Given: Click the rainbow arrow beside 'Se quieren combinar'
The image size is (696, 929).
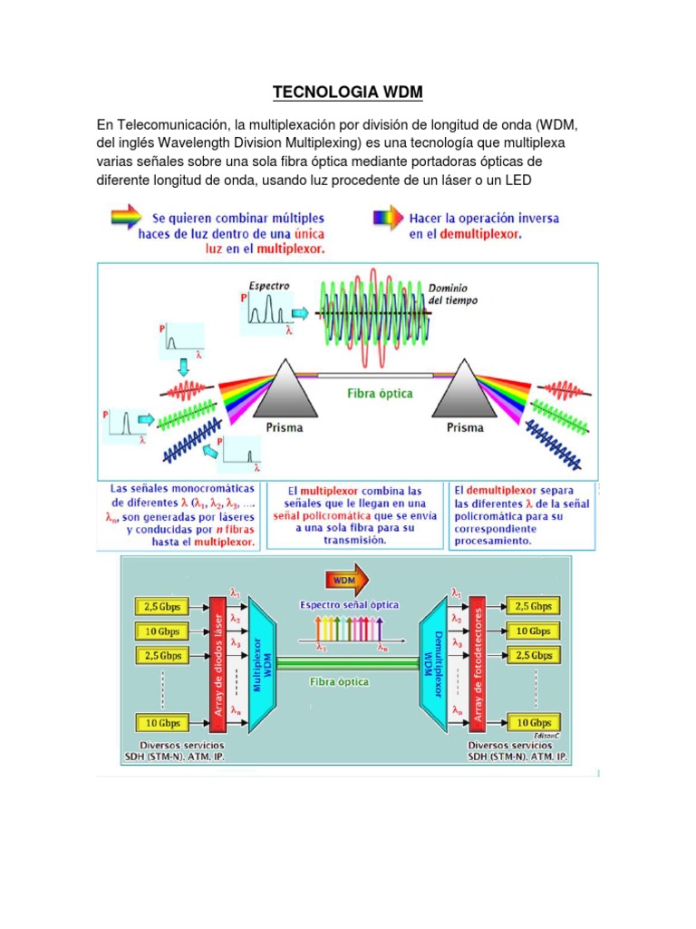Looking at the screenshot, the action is [x=124, y=218].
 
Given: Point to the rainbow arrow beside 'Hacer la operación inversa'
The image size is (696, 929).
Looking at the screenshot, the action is [x=388, y=218].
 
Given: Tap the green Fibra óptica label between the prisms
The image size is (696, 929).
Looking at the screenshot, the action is [x=380, y=395].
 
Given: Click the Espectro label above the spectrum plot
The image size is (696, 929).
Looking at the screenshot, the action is [x=269, y=286].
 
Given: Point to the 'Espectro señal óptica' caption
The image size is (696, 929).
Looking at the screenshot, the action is [x=349, y=603].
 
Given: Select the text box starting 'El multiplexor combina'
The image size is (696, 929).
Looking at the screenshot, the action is [x=356, y=514].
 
